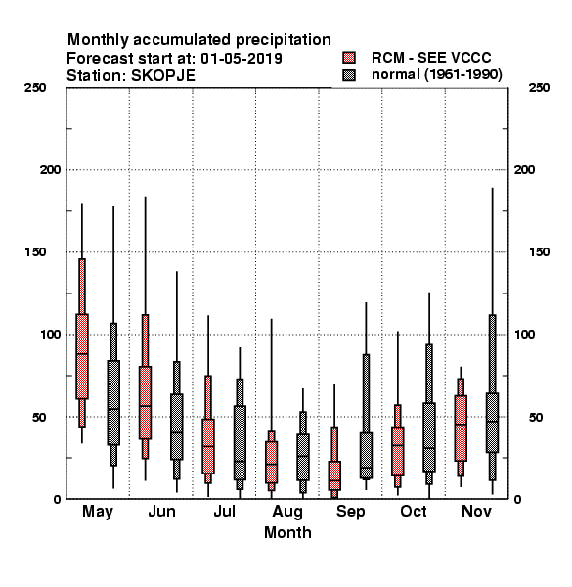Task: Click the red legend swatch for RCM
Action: click(x=349, y=58)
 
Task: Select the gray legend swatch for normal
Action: click(x=349, y=75)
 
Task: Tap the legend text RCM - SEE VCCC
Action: click(x=431, y=58)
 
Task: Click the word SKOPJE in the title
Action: click(x=163, y=76)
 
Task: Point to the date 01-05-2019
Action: click(x=242, y=59)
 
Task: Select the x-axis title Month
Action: click(x=287, y=532)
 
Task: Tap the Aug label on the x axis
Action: click(x=287, y=512)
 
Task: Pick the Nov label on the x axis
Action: click(x=476, y=511)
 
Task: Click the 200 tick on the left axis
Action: click(x=50, y=170)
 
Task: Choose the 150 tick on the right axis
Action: click(x=539, y=252)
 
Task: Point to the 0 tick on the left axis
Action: click(x=57, y=499)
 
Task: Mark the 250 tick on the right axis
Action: click(x=539, y=88)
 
